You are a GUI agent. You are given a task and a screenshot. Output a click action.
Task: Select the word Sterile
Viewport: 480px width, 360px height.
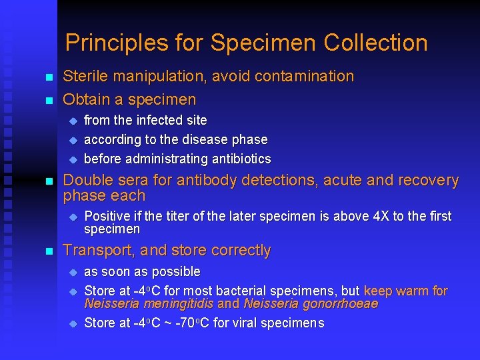click(85, 77)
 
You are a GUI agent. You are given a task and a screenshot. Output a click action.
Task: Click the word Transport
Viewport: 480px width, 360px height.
click(95, 251)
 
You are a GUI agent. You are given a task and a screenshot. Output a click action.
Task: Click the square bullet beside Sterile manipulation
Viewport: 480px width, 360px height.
click(48, 78)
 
